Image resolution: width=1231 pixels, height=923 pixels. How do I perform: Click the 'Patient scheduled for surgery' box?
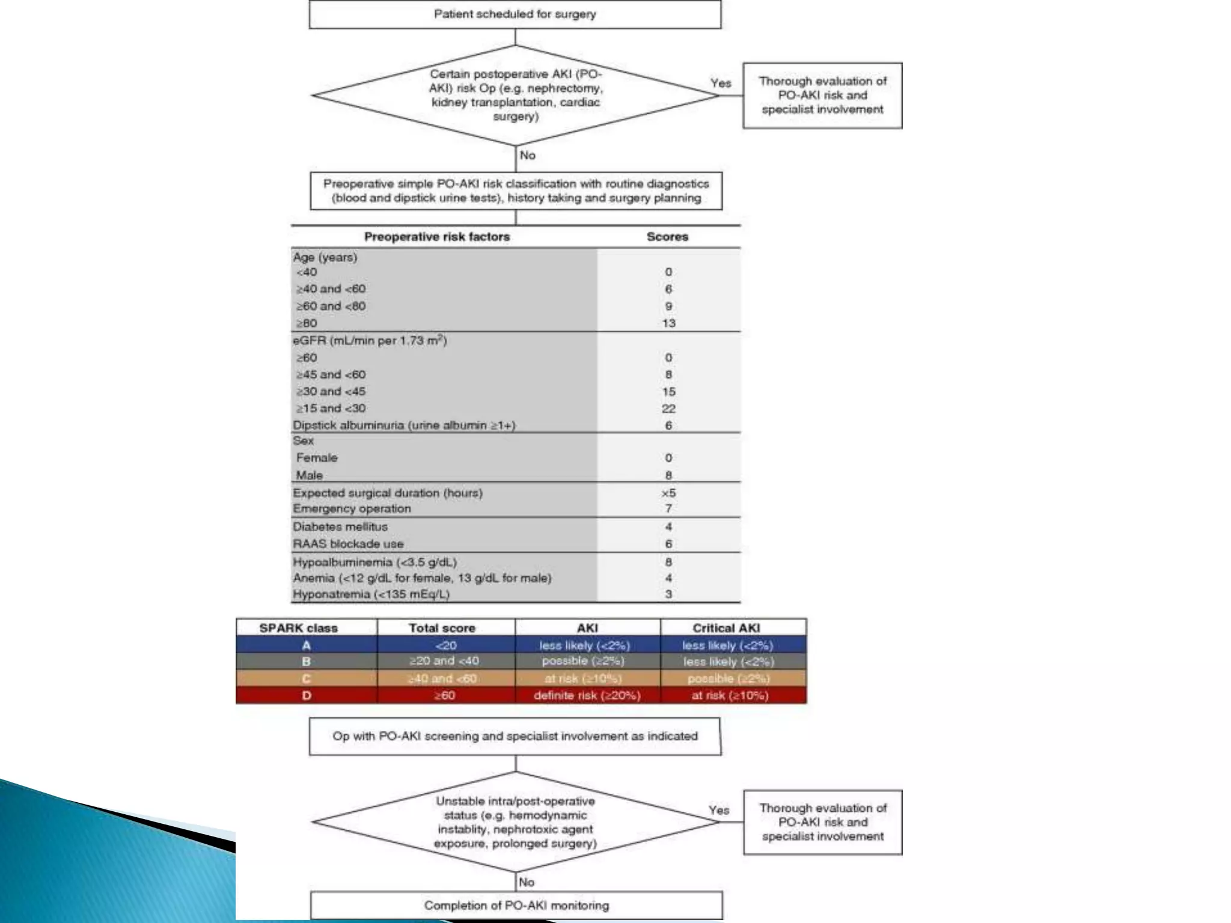click(515, 14)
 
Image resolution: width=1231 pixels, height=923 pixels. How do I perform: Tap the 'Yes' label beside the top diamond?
click(721, 83)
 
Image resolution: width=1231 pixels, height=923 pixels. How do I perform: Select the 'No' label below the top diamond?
click(527, 155)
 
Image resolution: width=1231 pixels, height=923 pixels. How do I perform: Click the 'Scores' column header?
click(667, 237)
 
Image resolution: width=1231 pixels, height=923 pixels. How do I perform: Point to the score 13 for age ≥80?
click(668, 323)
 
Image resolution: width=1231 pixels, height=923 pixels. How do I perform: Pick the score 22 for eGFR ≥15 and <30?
click(668, 409)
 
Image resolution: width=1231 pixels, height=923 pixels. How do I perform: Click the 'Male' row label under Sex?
click(310, 475)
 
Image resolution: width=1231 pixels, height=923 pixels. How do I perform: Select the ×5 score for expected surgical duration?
click(668, 493)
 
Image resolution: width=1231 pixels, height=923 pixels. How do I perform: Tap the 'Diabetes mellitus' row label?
click(340, 526)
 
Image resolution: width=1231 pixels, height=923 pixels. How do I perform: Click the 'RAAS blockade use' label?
click(348, 544)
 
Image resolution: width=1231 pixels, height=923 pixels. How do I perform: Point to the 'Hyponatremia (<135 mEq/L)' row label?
click(371, 594)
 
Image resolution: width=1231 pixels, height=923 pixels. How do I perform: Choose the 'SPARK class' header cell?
click(298, 628)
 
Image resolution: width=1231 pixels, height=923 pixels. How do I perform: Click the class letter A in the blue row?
click(307, 645)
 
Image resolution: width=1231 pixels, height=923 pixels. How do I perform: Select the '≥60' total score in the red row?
click(445, 695)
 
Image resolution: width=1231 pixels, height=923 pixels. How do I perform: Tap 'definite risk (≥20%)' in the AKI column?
click(587, 695)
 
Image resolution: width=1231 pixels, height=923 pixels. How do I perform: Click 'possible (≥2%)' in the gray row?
click(583, 661)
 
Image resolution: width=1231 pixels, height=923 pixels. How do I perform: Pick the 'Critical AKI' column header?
click(726, 628)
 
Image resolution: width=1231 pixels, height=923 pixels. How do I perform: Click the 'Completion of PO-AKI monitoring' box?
click(516, 905)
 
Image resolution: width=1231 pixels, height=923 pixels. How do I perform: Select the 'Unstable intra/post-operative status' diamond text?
click(516, 822)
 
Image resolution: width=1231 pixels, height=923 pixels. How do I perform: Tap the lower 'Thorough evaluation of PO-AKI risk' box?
click(822, 822)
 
